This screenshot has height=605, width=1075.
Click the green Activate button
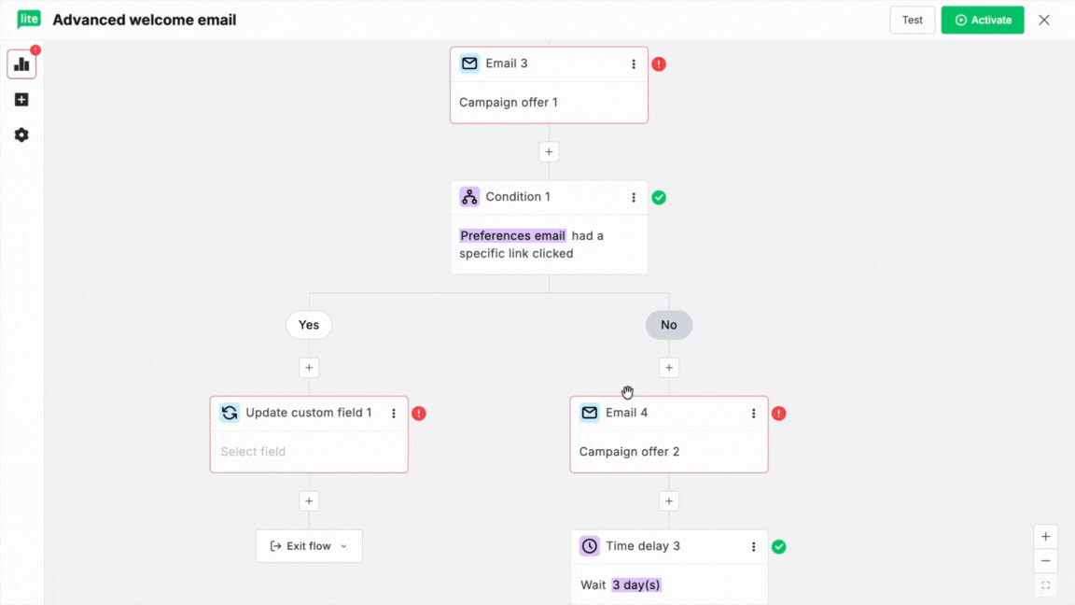[x=982, y=20]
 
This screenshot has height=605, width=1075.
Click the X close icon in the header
[x=1044, y=20]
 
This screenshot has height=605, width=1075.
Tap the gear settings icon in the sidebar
[x=22, y=135]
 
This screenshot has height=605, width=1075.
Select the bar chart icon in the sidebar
[x=22, y=64]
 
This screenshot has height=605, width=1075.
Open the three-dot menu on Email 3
[x=634, y=63]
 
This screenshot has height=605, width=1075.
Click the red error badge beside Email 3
[x=659, y=63]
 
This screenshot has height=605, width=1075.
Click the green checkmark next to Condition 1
[x=659, y=198]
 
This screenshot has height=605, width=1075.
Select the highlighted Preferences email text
[x=513, y=236]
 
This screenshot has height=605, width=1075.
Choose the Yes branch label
[x=309, y=325]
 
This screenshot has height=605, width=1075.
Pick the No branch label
[x=669, y=325]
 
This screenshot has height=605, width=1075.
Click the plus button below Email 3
[x=549, y=151]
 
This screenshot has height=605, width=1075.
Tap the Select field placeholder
[x=253, y=451]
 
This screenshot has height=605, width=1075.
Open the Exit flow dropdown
[x=309, y=546]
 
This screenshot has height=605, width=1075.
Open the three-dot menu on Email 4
[x=753, y=413]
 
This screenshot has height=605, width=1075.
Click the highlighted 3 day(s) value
[x=636, y=585]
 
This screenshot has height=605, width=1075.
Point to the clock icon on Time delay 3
[x=590, y=546]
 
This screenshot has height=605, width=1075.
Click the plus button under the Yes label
[x=309, y=368]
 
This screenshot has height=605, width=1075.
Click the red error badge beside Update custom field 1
[x=419, y=414]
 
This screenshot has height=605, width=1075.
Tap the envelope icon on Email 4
[x=590, y=413]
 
